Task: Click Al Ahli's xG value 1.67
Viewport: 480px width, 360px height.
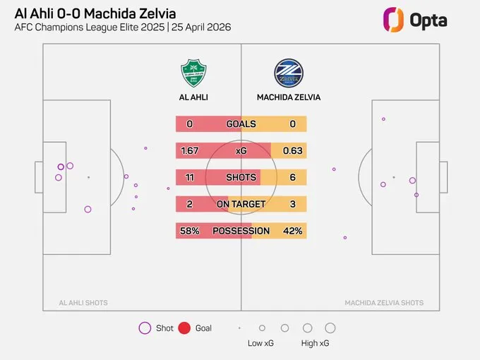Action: coord(190,151)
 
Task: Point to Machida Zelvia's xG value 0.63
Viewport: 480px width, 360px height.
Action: coord(292,151)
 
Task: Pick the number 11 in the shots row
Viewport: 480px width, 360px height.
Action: coord(190,177)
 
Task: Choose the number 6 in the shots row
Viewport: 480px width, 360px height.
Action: coord(292,177)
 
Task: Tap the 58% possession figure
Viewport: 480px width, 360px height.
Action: coord(190,231)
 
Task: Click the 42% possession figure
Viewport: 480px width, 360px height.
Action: coord(292,231)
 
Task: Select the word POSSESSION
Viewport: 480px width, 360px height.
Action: coord(241,231)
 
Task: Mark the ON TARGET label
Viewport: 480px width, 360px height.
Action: coord(241,204)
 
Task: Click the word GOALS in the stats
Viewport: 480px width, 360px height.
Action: coord(241,124)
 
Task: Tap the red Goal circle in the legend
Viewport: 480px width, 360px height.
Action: coord(185,328)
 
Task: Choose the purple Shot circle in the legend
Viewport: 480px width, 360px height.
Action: coord(145,328)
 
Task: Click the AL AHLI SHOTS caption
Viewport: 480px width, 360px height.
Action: coord(84,303)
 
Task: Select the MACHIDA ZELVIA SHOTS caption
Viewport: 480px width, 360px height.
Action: coord(384,303)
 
